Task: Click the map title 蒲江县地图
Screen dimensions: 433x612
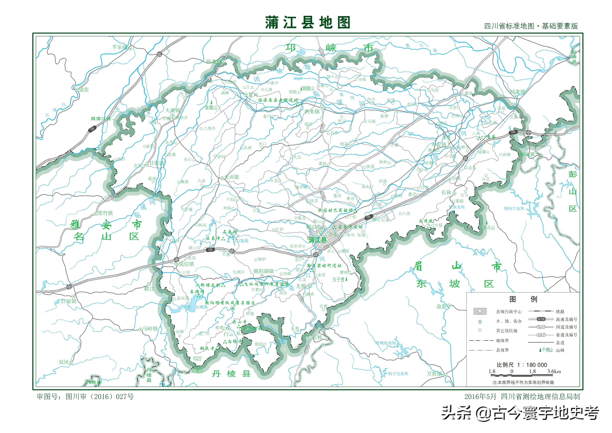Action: click(307, 22)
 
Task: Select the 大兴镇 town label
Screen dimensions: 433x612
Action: click(232, 177)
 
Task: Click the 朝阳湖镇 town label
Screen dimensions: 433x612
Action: click(263, 271)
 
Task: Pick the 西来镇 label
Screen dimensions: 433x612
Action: click(312, 112)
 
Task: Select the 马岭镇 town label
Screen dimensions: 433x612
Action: click(150, 329)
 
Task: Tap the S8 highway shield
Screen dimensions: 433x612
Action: click(92, 129)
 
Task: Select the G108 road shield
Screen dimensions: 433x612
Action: click(110, 198)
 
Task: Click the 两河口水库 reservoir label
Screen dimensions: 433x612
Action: click(514, 208)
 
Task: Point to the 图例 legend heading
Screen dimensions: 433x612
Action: click(523, 299)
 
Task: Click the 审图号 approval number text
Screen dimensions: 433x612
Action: click(85, 397)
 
